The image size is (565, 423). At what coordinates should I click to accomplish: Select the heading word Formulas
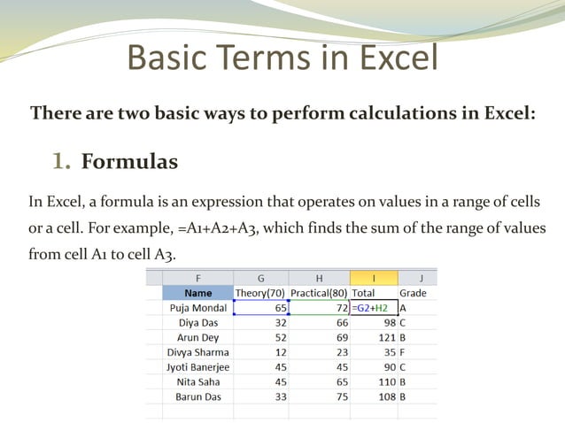(129, 162)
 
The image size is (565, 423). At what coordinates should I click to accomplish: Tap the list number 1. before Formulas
(61, 162)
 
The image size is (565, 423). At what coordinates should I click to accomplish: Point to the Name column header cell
(198, 292)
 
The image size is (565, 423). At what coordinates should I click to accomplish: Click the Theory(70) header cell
(261, 292)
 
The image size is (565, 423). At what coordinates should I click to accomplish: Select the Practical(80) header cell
(319, 292)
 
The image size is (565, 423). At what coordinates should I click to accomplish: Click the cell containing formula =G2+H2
(373, 307)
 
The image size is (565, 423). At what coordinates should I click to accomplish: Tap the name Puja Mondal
(198, 307)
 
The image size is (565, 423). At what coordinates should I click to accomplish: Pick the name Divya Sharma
(198, 351)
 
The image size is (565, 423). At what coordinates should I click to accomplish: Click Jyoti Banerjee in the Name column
(198, 366)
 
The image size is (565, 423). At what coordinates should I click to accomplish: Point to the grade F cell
(403, 351)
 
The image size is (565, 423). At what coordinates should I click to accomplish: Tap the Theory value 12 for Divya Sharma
(280, 351)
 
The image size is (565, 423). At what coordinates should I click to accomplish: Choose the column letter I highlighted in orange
(373, 277)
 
